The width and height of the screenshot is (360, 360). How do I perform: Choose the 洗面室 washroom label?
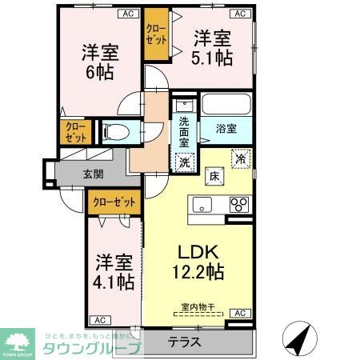185,131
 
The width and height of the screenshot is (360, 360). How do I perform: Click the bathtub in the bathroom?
226,105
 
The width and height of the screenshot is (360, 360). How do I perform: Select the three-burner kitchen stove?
238,204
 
